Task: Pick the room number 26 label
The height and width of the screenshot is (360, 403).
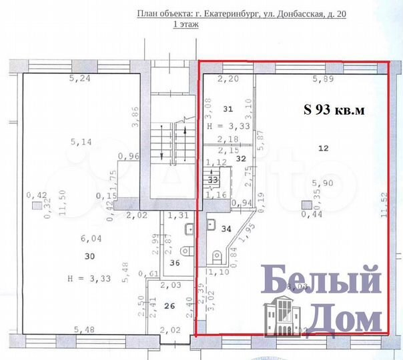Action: click(x=170, y=306)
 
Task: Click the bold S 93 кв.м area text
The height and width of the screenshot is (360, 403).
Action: click(x=333, y=111)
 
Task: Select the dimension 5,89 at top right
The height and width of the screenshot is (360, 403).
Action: click(x=324, y=79)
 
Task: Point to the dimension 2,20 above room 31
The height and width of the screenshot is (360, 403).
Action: click(x=228, y=79)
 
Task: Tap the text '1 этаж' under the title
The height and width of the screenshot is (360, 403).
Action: click(x=187, y=24)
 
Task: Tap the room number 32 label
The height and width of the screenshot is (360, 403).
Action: click(x=242, y=159)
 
